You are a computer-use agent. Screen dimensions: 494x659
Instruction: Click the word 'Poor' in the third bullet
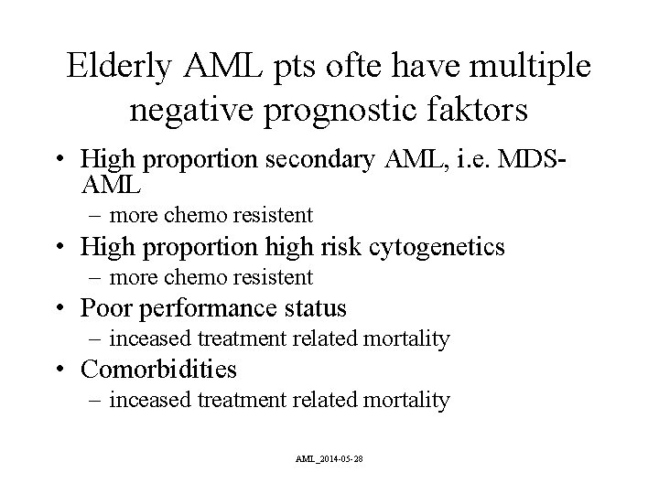tap(103, 307)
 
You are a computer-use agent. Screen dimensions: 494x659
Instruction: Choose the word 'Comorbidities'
tap(158, 369)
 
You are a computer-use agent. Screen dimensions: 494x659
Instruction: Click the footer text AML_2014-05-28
tap(329, 457)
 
